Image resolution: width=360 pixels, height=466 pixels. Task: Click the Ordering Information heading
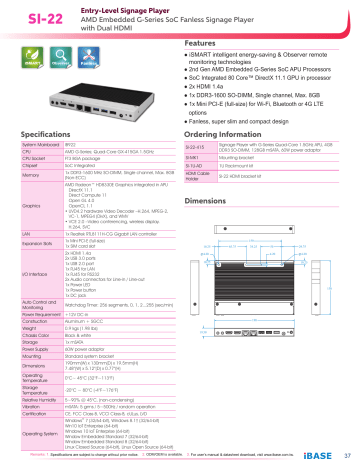pyautogui.click(x=235, y=133)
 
